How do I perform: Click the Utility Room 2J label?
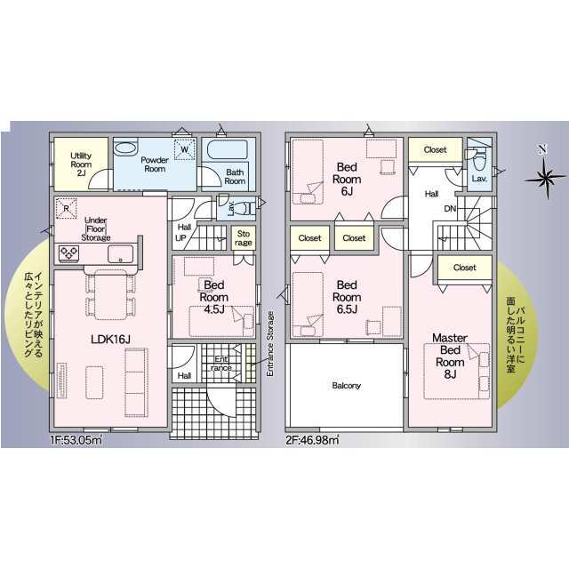click(x=81, y=164)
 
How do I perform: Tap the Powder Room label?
click(x=155, y=164)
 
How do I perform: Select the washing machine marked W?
click(x=185, y=149)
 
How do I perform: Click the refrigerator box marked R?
click(x=67, y=209)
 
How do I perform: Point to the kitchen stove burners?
click(x=69, y=252)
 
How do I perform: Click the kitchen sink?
click(x=121, y=253)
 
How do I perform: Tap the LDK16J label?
click(x=110, y=340)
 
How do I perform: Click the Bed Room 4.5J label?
click(x=213, y=297)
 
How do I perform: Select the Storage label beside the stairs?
click(x=243, y=238)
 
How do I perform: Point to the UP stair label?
click(x=180, y=238)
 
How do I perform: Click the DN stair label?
click(x=450, y=209)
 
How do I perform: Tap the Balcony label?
click(x=346, y=385)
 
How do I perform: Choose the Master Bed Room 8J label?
click(x=450, y=356)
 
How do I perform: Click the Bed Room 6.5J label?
click(x=347, y=297)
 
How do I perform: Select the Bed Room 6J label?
click(x=347, y=179)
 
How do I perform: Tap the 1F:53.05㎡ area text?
click(x=76, y=440)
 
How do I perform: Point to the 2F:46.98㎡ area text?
click(x=312, y=440)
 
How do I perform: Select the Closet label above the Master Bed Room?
click(x=464, y=268)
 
